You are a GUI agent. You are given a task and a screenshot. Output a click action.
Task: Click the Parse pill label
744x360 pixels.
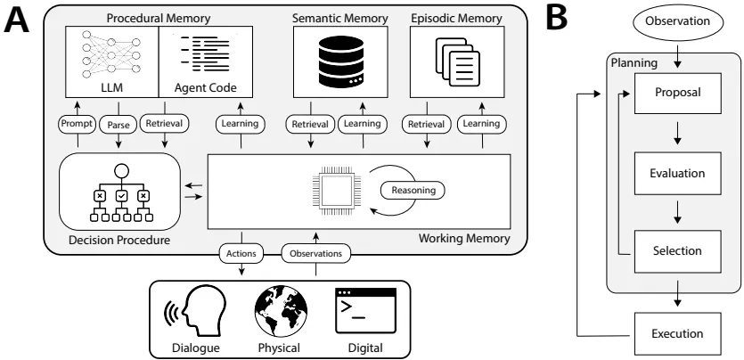[x=119, y=125]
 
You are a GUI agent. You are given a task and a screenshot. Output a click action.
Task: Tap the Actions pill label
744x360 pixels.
[x=241, y=253]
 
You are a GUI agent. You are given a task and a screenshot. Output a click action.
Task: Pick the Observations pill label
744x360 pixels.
[x=315, y=253]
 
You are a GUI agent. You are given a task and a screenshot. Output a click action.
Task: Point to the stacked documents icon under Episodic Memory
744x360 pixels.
[x=455, y=61]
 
